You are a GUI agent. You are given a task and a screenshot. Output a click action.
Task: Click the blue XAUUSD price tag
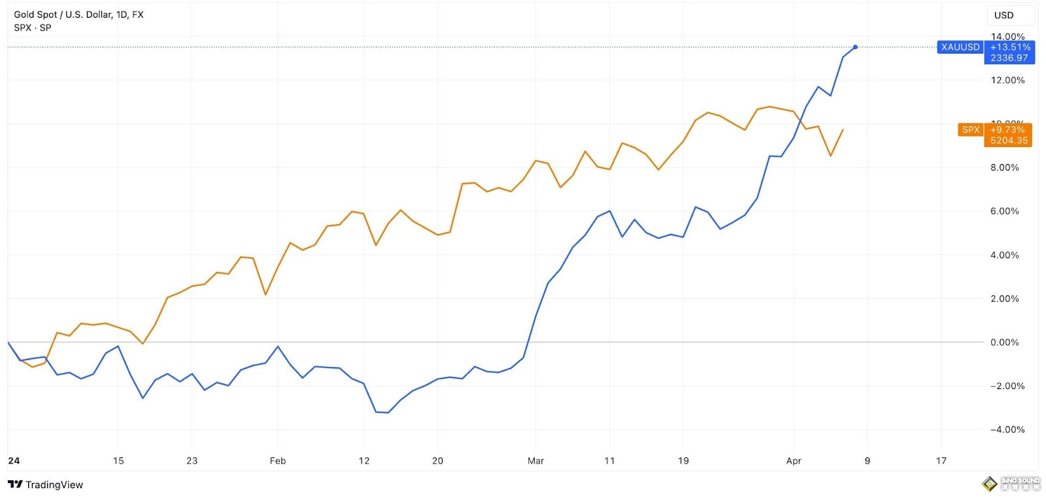coord(960,47)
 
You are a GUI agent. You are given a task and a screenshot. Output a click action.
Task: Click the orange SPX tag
coord(971,130)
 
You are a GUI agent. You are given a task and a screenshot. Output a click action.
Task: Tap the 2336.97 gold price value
coord(1009,58)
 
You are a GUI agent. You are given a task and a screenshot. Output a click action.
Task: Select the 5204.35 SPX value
coord(1009,141)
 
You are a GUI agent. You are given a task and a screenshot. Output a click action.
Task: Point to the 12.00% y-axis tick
coord(1007,80)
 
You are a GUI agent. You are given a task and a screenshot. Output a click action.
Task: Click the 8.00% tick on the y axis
coord(1004,168)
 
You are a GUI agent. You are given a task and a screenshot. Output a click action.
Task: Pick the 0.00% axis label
coord(1004,342)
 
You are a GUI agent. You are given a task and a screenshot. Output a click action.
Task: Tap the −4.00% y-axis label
coord(1007,430)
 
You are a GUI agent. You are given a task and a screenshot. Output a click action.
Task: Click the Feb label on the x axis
coord(278,461)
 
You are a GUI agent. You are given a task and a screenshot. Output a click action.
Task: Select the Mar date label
coord(535,461)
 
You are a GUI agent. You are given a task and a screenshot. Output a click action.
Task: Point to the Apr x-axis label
coord(794,461)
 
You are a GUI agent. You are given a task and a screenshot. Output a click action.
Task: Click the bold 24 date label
coord(14,461)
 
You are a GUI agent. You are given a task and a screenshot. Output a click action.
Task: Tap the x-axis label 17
coord(941,461)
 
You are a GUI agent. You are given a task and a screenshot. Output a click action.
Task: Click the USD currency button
coord(1004,15)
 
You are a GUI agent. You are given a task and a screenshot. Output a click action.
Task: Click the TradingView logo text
coord(54,485)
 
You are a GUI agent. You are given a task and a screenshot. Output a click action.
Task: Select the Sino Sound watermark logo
coord(1011,484)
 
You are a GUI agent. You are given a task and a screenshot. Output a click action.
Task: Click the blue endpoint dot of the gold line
coord(855,47)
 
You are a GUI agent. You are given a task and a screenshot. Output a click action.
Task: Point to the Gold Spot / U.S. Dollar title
coord(78,14)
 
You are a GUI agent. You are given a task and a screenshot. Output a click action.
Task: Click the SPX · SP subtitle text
coord(33,27)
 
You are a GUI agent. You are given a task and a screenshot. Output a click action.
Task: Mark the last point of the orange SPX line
coord(843,130)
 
